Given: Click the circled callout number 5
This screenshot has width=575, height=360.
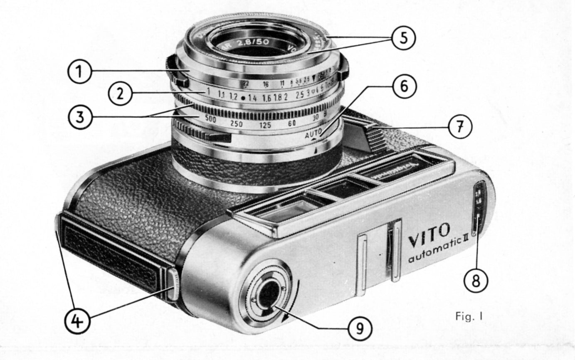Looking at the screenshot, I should point(402,38).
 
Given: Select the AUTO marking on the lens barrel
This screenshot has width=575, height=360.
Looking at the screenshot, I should point(313,135).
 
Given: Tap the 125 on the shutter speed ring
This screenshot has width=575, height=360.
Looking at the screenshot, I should point(264,124).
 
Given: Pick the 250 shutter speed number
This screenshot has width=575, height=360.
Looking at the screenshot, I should point(236,123).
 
